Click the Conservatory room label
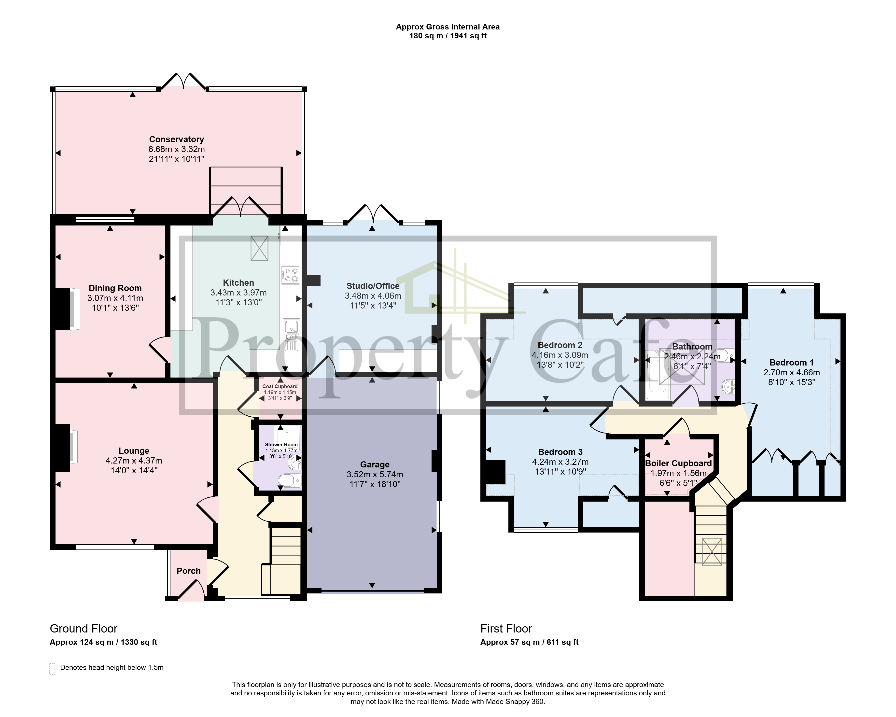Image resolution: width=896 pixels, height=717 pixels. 177,139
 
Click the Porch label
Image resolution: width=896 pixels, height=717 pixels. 188,571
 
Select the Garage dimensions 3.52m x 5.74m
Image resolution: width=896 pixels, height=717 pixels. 375,474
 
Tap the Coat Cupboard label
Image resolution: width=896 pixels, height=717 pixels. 280,386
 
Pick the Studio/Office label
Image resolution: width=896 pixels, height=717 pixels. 373,286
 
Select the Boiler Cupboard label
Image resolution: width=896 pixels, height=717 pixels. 678,463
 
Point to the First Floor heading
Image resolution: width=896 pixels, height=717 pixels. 506,629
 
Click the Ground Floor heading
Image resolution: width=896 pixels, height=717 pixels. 84,629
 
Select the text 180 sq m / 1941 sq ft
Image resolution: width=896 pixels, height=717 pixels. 448,36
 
